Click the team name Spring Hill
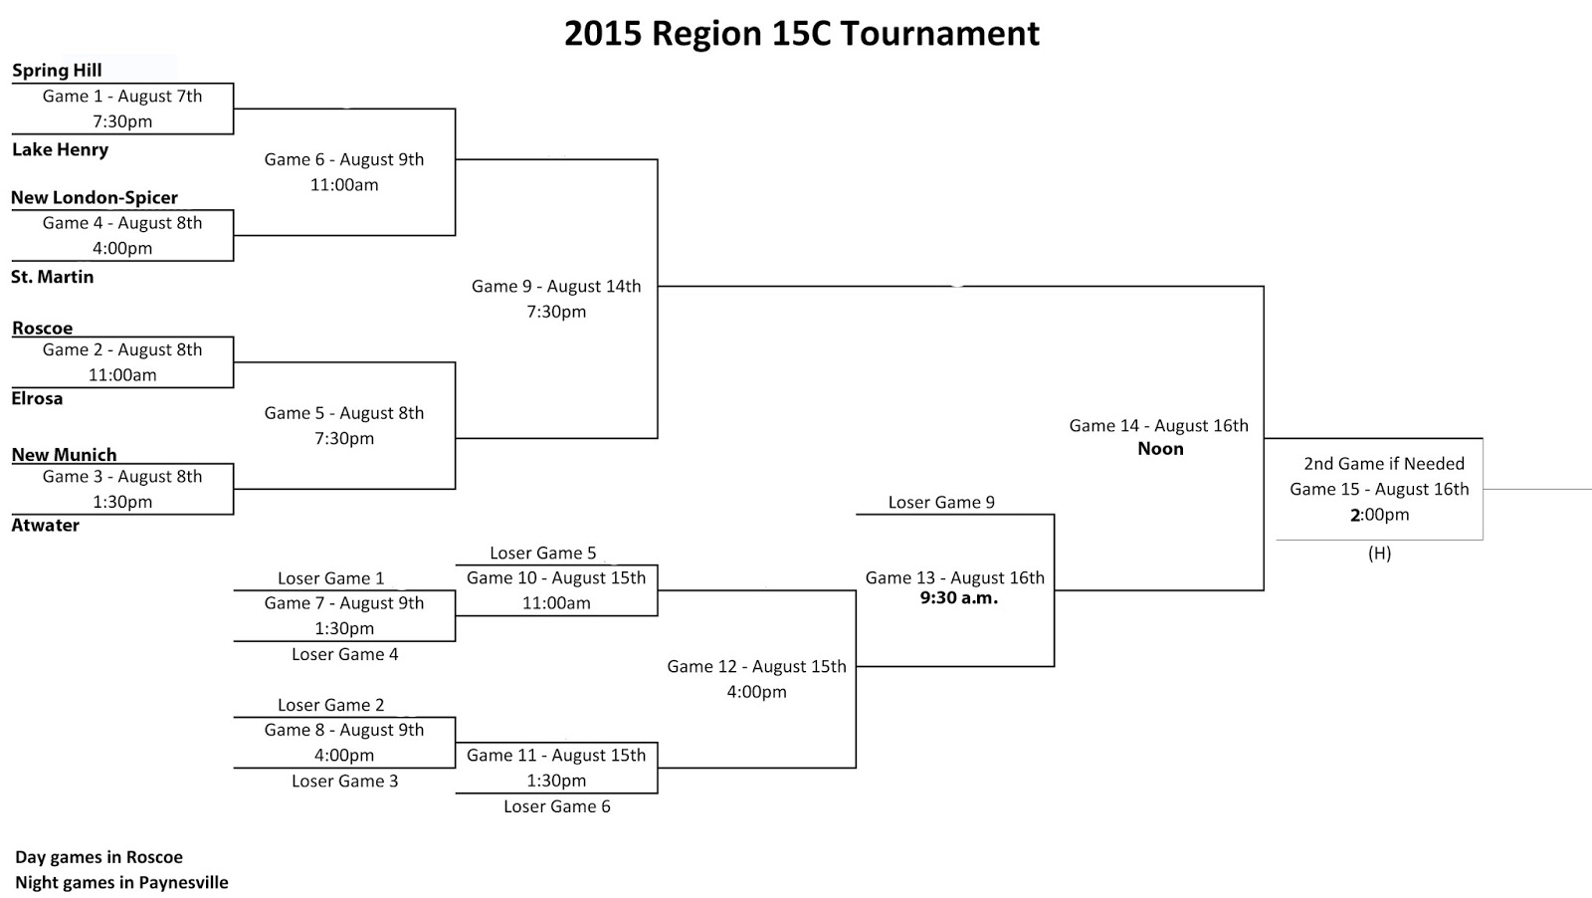(57, 70)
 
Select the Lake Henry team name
(60, 149)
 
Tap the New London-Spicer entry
(95, 197)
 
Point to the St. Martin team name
(52, 277)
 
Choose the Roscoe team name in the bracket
(43, 328)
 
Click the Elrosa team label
(37, 398)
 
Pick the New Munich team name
(64, 454)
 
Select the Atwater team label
(45, 525)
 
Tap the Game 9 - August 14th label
(556, 286)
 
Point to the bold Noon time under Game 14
(1160, 449)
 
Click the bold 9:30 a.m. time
(958, 598)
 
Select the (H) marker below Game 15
(1379, 554)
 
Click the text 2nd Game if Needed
(1384, 463)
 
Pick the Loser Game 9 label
(941, 502)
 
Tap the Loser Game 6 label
(556, 806)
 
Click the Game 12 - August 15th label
(756, 666)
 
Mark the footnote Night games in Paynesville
(121, 882)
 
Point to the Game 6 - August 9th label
(344, 159)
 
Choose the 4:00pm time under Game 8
(344, 755)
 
